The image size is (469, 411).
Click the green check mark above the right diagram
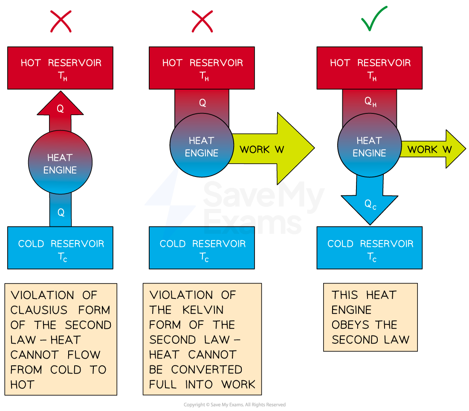click(373, 19)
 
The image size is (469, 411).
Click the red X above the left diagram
click(61, 21)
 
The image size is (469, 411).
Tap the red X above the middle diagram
click(202, 21)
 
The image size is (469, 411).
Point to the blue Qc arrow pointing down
click(369, 200)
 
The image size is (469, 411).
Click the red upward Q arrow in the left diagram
click(60, 112)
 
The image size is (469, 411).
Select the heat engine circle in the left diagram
click(60, 162)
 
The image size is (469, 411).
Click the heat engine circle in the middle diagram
click(202, 145)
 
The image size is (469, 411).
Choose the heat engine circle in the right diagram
click(369, 145)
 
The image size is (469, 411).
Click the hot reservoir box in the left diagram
click(60, 68)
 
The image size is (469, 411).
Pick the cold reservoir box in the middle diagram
click(202, 248)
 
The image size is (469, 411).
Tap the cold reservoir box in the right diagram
click(369, 248)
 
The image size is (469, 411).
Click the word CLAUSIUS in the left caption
click(39, 310)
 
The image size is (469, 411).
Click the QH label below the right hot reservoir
click(370, 103)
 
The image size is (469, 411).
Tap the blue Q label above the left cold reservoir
click(61, 212)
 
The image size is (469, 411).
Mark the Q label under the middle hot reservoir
click(203, 103)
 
